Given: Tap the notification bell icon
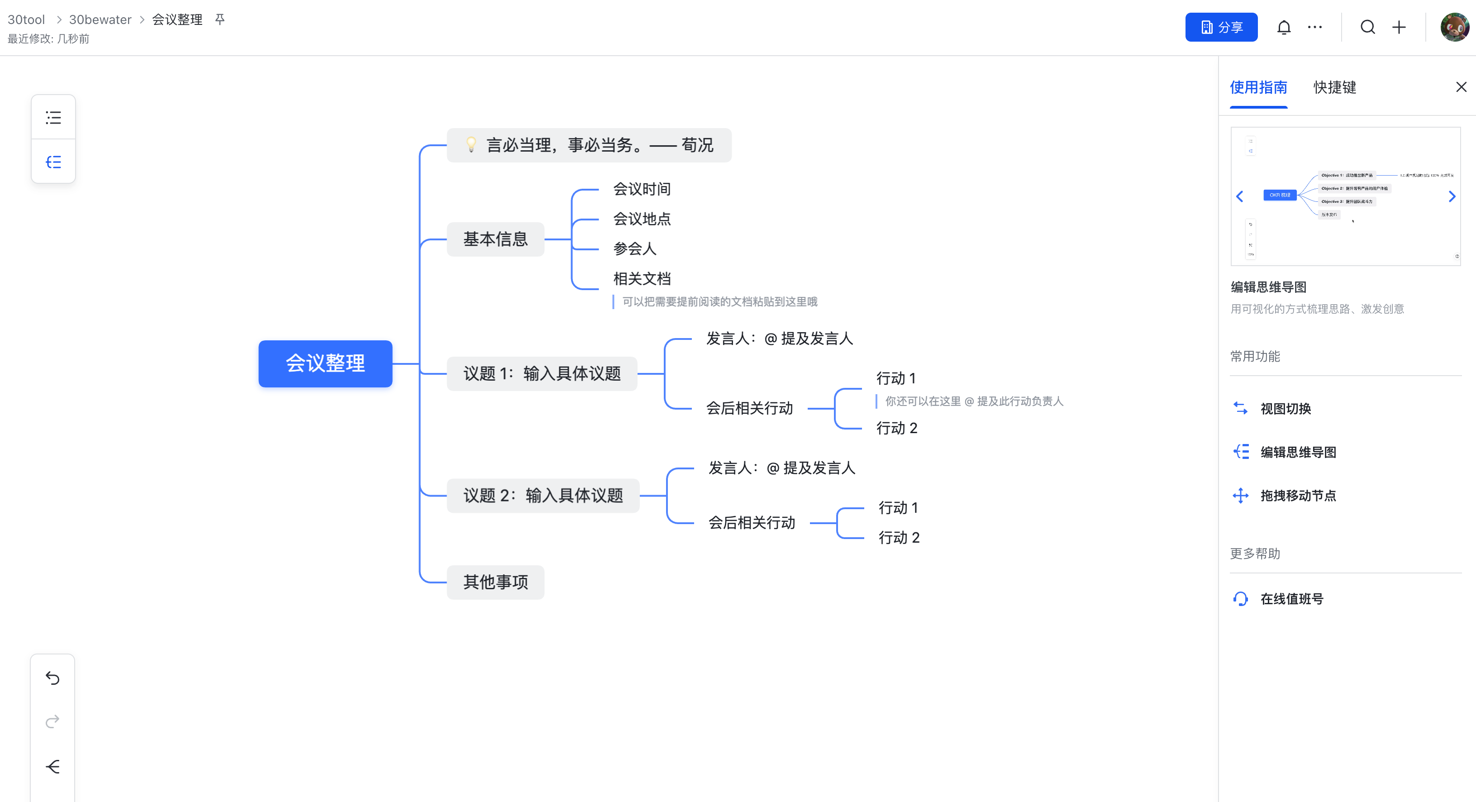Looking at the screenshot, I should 1284,27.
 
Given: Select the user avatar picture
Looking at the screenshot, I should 1454,27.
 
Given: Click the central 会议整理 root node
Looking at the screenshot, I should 325,363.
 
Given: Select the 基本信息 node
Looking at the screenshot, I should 495,239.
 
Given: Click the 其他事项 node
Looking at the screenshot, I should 495,582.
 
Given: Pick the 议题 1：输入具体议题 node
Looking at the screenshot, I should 542,374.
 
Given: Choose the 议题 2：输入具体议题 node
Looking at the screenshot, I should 543,495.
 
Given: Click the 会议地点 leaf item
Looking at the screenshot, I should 641,219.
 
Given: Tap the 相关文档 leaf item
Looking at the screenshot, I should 641,279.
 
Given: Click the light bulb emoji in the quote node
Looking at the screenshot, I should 471,144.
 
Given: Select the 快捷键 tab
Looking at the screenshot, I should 1334,87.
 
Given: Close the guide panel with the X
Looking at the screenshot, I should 1461,87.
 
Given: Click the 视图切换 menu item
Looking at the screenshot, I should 1285,408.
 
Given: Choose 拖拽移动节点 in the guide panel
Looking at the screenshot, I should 1298,495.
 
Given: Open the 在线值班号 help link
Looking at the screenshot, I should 1291,598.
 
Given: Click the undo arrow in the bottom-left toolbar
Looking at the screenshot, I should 52,678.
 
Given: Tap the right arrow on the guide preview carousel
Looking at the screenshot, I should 1452,196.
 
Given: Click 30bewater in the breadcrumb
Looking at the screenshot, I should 100,19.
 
